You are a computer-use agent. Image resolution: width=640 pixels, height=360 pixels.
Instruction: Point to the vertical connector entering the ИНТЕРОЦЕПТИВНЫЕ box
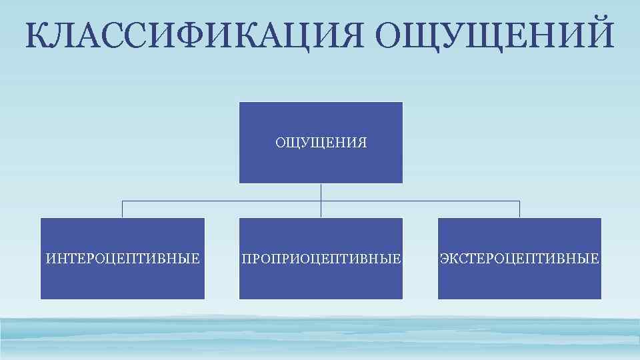(123, 209)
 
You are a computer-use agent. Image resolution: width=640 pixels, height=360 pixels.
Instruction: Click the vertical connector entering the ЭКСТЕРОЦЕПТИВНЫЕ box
(519, 209)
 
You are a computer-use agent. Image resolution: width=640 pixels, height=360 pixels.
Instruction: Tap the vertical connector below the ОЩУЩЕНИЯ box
(321, 193)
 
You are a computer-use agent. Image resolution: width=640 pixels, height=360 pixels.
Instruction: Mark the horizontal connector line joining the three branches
(220, 201)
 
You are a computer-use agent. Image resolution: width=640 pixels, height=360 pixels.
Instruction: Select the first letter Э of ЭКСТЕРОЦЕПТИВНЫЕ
(444, 258)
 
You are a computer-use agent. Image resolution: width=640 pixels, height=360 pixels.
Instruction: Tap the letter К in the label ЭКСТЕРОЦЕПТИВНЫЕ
(453, 258)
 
